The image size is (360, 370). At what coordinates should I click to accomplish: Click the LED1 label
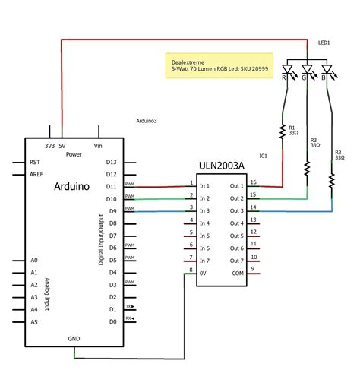pos(323,43)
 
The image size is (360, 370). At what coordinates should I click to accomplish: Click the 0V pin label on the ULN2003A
pos(204,273)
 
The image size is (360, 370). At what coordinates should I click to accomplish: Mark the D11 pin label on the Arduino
pos(111,186)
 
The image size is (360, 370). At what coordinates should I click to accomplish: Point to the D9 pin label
pos(112,211)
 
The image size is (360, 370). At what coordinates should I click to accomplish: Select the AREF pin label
pos(36,174)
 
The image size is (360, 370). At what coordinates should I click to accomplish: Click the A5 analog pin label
pos(33,322)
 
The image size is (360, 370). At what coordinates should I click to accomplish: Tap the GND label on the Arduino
pos(74,339)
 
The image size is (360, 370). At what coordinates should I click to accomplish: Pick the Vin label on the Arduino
pos(96,145)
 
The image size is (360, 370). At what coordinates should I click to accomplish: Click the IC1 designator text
pos(263,156)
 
